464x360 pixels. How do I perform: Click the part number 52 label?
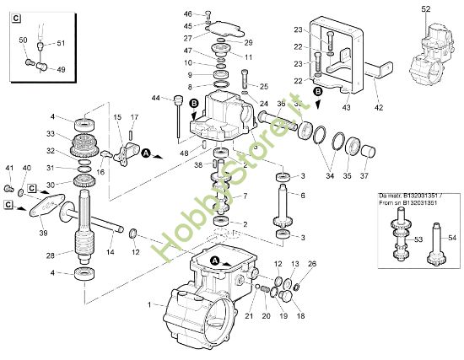click(x=424, y=8)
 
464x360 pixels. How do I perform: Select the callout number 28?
click(x=51, y=254)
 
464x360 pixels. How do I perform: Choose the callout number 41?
click(x=10, y=168)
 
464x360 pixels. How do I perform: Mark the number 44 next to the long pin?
click(x=155, y=99)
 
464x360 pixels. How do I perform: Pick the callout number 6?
click(x=303, y=195)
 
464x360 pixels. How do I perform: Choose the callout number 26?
click(x=311, y=265)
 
